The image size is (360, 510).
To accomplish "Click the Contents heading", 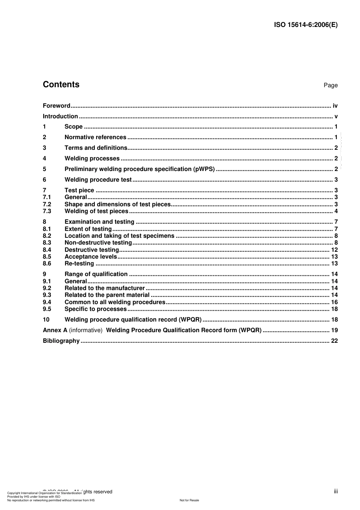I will [x=61, y=85].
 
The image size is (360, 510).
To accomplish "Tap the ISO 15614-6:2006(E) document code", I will [x=305, y=25].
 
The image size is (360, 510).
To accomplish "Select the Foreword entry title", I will [x=56, y=106].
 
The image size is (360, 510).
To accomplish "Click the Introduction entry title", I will [x=60, y=116].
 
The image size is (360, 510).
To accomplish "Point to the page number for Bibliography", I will [x=334, y=341].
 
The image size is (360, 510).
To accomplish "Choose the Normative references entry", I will [x=95, y=137].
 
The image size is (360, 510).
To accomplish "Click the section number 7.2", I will [x=47, y=204].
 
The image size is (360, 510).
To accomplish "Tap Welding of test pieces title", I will [x=96, y=211].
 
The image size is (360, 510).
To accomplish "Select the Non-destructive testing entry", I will [x=98, y=243].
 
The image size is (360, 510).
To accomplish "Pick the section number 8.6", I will [x=47, y=264].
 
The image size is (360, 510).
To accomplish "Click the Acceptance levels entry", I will [x=91, y=257].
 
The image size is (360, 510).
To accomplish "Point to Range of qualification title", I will [x=96, y=274].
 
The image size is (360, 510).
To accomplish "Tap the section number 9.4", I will [x=47, y=302].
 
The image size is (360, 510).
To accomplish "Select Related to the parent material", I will [x=107, y=295].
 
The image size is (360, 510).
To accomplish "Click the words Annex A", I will [x=55, y=330].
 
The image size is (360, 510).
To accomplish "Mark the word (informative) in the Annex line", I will [x=86, y=330].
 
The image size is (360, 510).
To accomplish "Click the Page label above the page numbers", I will [x=330, y=85].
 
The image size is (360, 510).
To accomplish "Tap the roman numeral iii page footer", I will [x=336, y=491].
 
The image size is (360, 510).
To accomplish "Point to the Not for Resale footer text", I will [x=189, y=500].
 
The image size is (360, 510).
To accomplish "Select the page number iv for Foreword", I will [x=335, y=106].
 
